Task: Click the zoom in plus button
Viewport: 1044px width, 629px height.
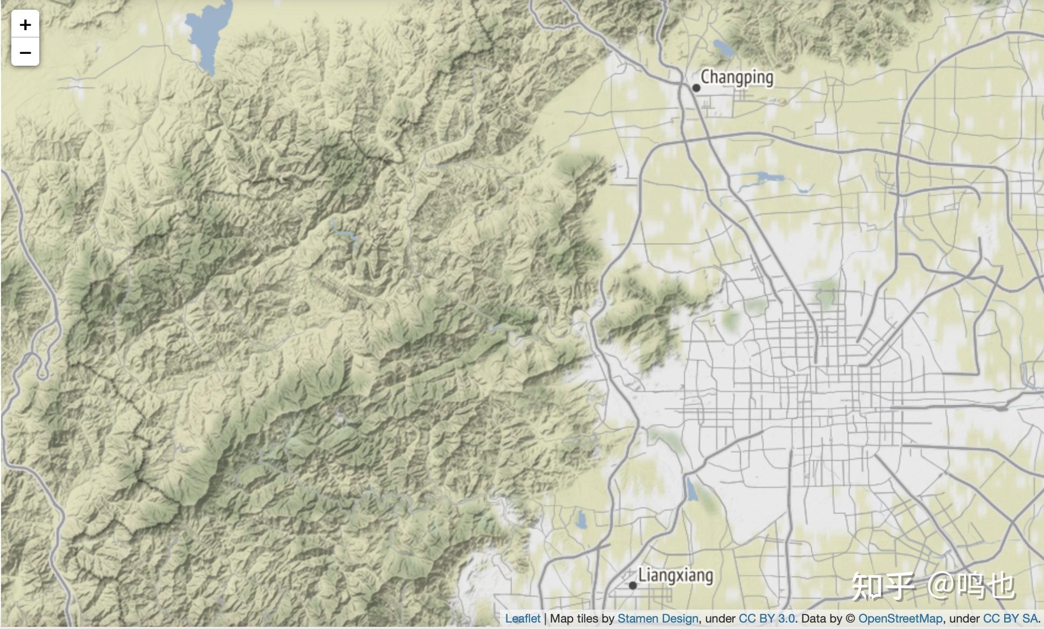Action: click(x=25, y=25)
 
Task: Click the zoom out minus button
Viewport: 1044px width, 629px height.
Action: click(x=25, y=53)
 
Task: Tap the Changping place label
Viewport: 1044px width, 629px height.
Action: click(x=737, y=78)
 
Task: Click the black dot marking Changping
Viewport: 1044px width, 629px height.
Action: click(x=696, y=88)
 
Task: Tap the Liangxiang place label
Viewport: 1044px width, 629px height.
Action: click(x=675, y=575)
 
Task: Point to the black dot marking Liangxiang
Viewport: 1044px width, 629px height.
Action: click(x=633, y=585)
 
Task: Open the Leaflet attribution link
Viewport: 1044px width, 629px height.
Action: click(x=523, y=619)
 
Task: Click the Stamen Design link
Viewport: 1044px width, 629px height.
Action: click(x=658, y=619)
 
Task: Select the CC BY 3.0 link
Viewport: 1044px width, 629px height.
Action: click(x=767, y=619)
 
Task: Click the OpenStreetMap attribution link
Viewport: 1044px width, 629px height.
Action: click(x=900, y=619)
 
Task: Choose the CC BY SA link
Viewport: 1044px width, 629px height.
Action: click(x=1010, y=619)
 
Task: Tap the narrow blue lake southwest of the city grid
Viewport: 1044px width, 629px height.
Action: click(x=691, y=490)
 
